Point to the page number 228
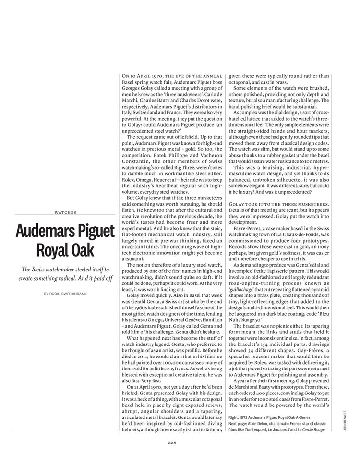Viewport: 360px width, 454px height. coord(174,443)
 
